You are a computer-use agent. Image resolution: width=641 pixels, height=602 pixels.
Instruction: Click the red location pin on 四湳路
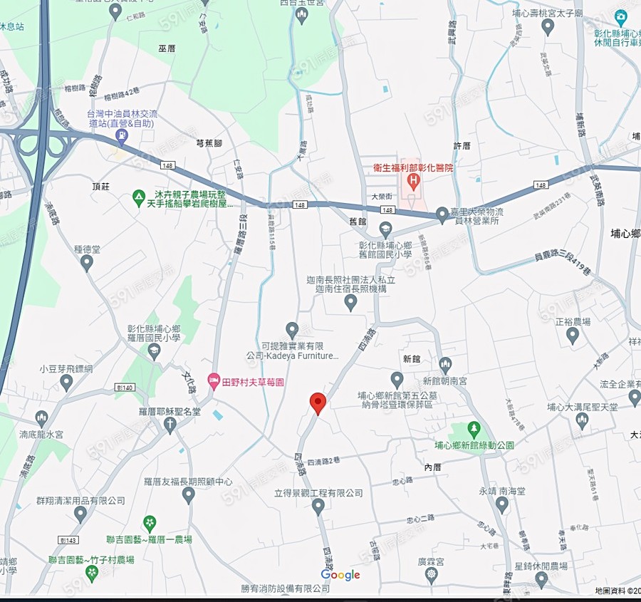pos(318,403)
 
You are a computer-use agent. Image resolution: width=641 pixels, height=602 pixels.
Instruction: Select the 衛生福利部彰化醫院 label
pos(413,168)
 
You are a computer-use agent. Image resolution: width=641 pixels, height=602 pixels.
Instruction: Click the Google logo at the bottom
pos(340,575)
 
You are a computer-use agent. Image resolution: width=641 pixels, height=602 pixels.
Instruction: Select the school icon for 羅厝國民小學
pos(155,351)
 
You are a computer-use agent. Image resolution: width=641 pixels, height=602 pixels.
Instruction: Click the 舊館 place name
pos(359,222)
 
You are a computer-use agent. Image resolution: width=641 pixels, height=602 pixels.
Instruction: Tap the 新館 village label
pos(412,359)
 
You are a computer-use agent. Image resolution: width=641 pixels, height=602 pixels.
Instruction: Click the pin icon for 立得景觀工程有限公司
pos(318,506)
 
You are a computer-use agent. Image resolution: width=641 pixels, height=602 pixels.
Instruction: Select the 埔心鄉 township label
pos(625,234)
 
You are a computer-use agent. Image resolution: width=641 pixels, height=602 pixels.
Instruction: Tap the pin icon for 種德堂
pos(87,264)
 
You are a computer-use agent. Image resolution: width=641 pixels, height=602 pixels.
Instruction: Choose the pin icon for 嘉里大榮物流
pos(443,214)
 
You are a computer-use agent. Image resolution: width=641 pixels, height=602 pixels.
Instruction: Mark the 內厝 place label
pos(433,467)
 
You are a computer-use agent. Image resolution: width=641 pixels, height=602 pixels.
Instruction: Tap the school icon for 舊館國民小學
pos(385,230)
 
